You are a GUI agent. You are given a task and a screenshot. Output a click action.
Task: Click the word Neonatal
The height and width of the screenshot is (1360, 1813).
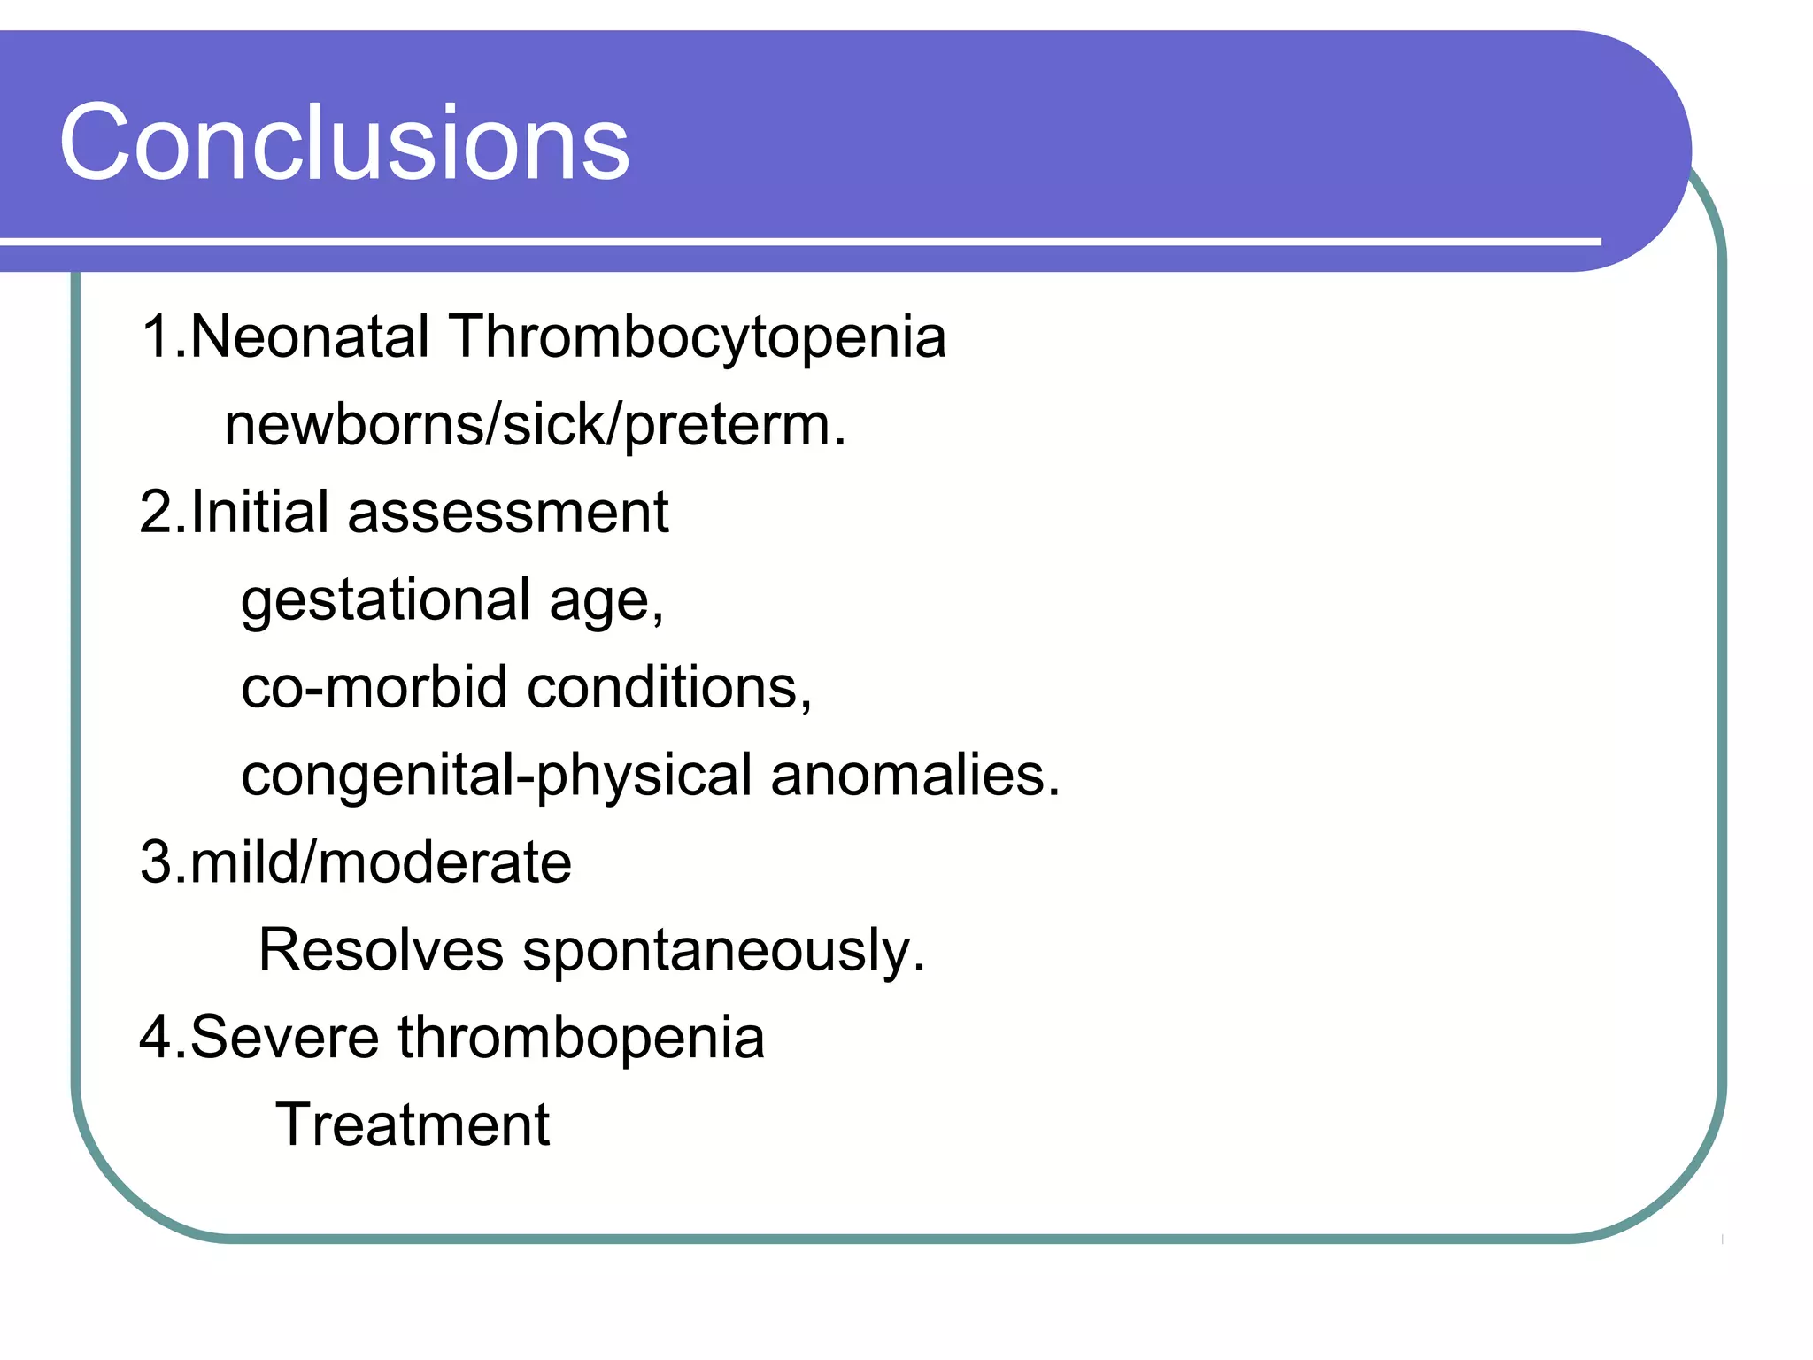point(310,337)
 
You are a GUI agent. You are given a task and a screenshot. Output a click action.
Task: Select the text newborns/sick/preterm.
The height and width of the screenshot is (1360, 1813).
point(535,426)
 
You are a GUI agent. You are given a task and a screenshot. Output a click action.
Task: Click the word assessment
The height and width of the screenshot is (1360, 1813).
point(508,513)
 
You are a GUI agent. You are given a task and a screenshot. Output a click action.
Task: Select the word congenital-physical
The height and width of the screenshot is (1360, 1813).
point(496,777)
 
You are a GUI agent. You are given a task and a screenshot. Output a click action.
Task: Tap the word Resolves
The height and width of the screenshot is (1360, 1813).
point(381,950)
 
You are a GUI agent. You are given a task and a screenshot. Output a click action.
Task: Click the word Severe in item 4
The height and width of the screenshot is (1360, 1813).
point(284,1037)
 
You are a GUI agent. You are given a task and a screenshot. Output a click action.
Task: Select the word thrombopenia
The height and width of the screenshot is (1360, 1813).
point(581,1039)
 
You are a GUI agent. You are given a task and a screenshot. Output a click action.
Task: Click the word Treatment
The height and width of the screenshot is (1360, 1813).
point(413,1125)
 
